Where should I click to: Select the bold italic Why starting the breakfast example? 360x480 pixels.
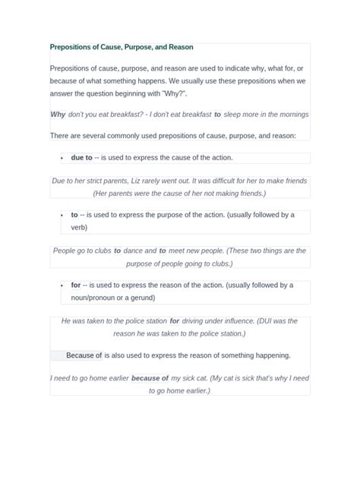pos(58,114)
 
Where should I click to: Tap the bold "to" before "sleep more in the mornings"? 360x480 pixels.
pos(217,114)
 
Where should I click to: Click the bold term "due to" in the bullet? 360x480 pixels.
pos(81,158)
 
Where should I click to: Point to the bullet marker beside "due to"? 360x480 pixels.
pos(62,158)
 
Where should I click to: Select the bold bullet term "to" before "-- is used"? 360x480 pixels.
pos(74,215)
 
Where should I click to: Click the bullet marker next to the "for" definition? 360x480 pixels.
pos(62,286)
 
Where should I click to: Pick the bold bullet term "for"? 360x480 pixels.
pos(76,286)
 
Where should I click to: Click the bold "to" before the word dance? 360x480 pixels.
pos(118,251)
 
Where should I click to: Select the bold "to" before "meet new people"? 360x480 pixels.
pos(163,251)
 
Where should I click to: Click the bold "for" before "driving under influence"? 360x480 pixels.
pos(175,321)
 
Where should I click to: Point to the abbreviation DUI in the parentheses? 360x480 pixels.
pos(273,321)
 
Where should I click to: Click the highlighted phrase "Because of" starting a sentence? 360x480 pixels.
pos(84,355)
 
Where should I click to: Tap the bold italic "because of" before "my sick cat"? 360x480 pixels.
pos(150,378)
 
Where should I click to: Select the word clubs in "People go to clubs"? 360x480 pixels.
pos(100,251)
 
